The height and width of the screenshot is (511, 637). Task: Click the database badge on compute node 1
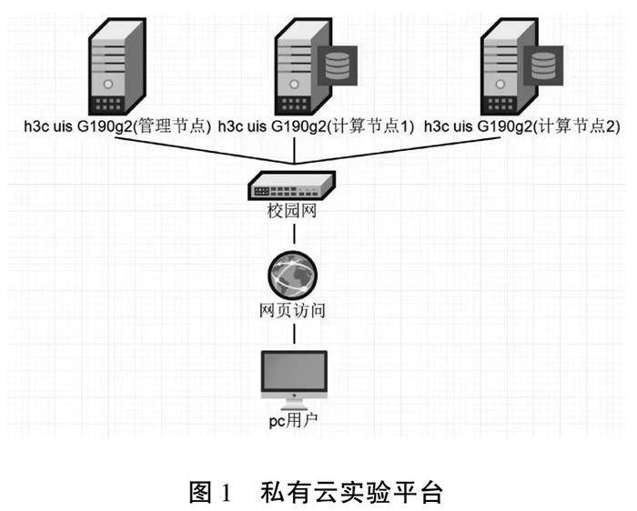pyautogui.click(x=339, y=65)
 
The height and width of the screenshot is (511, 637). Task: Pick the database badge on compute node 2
pyautogui.click(x=543, y=65)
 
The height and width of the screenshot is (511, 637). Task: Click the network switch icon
pyautogui.click(x=293, y=187)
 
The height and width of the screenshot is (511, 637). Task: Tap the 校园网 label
pyautogui.click(x=292, y=215)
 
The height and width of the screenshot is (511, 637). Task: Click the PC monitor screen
pyautogui.click(x=293, y=371)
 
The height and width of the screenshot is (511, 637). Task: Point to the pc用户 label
pyautogui.click(x=293, y=422)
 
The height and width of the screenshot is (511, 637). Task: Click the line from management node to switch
pyautogui.click(x=200, y=149)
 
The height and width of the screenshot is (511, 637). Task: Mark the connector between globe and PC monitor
pyautogui.click(x=293, y=335)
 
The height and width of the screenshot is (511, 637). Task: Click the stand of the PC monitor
pyautogui.click(x=293, y=401)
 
